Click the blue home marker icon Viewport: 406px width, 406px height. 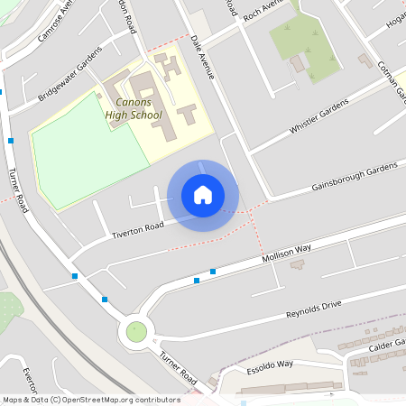pos(203,195)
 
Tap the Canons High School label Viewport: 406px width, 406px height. pos(134,108)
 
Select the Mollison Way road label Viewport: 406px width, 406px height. pos(287,253)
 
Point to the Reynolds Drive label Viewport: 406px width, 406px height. pos(314,309)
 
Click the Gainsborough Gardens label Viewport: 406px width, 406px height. pos(355,177)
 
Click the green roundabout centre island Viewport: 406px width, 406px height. pos(136,331)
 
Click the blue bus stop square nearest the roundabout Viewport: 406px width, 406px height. pos(106,299)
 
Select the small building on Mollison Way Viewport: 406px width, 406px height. pos(297,264)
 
